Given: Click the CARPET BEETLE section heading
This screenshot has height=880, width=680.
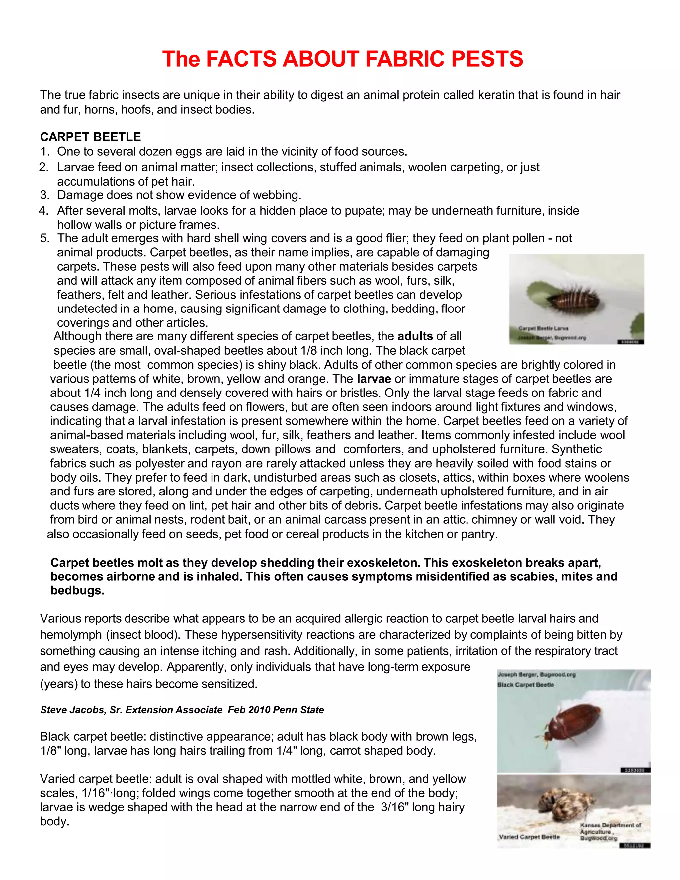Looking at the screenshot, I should click(90, 137).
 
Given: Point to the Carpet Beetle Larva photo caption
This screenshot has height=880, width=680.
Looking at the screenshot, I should click(544, 328).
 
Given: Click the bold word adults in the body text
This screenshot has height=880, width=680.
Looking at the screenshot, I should click(415, 336).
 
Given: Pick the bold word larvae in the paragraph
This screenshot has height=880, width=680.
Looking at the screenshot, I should click(374, 379).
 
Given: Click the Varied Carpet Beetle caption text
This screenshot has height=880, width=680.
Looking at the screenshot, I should click(529, 837).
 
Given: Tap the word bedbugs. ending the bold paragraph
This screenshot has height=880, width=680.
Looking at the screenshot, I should click(77, 591).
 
